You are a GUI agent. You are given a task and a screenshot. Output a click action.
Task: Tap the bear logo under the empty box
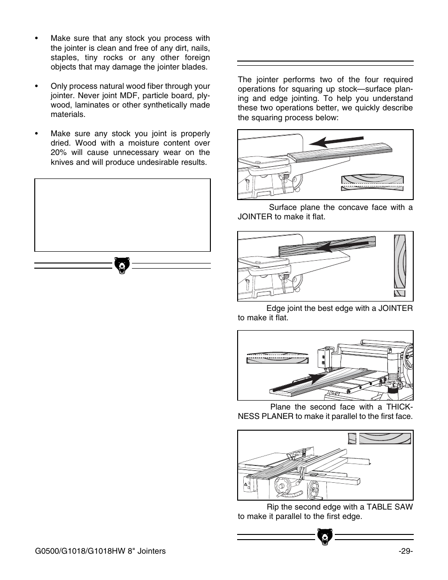pyautogui.click(x=122, y=265)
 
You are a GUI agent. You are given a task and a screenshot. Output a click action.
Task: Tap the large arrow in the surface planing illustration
pyautogui.click(x=336, y=141)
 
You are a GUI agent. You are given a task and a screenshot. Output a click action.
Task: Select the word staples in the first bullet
pyautogui.click(x=63, y=57)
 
